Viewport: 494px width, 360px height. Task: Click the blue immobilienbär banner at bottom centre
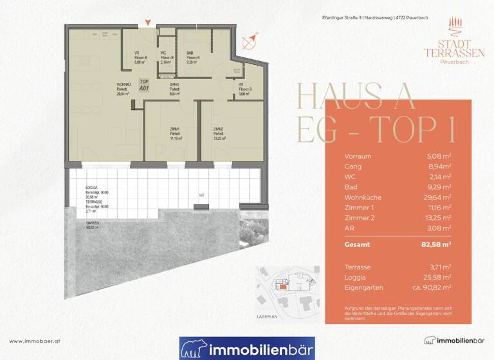coord(247,348)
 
